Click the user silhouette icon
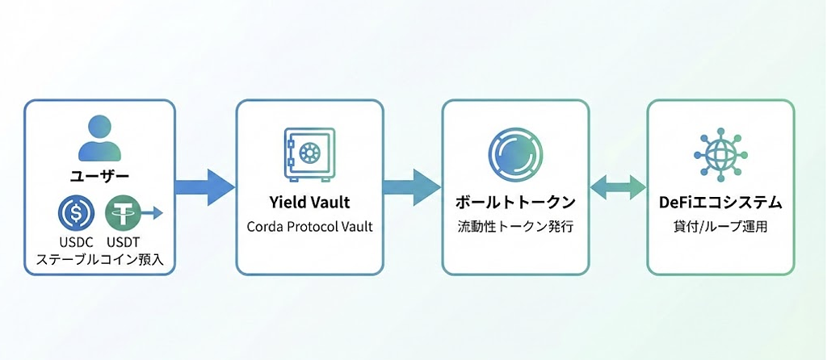tap(99, 139)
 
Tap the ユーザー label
tap(99, 177)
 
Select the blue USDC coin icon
tap(76, 213)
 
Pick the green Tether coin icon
tap(124, 213)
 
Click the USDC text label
tap(76, 244)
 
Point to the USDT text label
tap(123, 244)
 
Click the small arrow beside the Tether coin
tap(153, 213)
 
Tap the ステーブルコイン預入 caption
tap(99, 259)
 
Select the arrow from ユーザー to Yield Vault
tap(204, 187)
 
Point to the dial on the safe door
tap(309, 153)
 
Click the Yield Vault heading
tap(309, 203)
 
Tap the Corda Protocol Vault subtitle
tap(309, 227)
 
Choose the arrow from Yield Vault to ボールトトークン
tap(412, 187)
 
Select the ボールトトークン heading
tap(515, 203)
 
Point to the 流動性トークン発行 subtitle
tap(515, 227)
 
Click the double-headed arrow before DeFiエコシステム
tap(618, 187)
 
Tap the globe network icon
tap(720, 154)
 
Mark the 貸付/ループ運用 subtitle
tap(720, 227)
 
